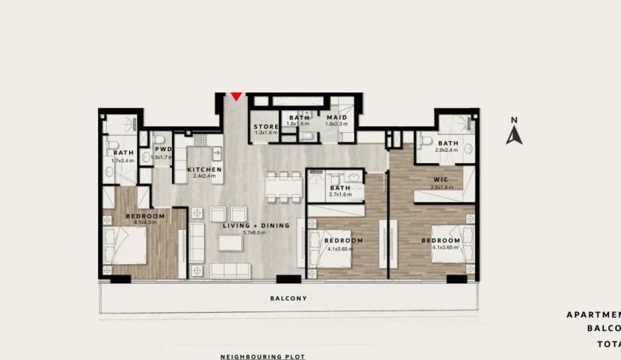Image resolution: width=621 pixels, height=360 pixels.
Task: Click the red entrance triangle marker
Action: [236, 97]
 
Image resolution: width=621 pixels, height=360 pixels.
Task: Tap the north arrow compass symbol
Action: [514, 132]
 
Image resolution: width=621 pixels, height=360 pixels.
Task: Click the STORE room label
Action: [266, 126]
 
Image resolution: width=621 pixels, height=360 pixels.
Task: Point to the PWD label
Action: [164, 150]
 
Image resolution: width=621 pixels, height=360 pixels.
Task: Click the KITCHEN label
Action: [205, 170]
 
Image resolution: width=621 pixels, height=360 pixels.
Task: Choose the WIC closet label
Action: [441, 179]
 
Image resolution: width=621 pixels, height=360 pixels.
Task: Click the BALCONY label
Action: [289, 299]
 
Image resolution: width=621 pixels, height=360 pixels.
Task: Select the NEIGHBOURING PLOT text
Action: [263, 356]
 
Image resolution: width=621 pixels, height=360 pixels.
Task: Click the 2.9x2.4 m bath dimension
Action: [447, 150]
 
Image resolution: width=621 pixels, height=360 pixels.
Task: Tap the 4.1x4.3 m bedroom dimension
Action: [145, 222]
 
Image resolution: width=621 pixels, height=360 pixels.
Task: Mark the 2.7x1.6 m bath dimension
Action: [340, 195]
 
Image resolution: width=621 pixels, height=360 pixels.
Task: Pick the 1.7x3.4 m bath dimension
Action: [123, 160]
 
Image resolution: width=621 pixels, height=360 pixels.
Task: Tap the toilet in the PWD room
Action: [159, 139]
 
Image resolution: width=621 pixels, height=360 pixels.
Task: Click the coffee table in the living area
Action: [230, 244]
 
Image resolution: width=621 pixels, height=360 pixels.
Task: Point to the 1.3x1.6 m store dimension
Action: [266, 133]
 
